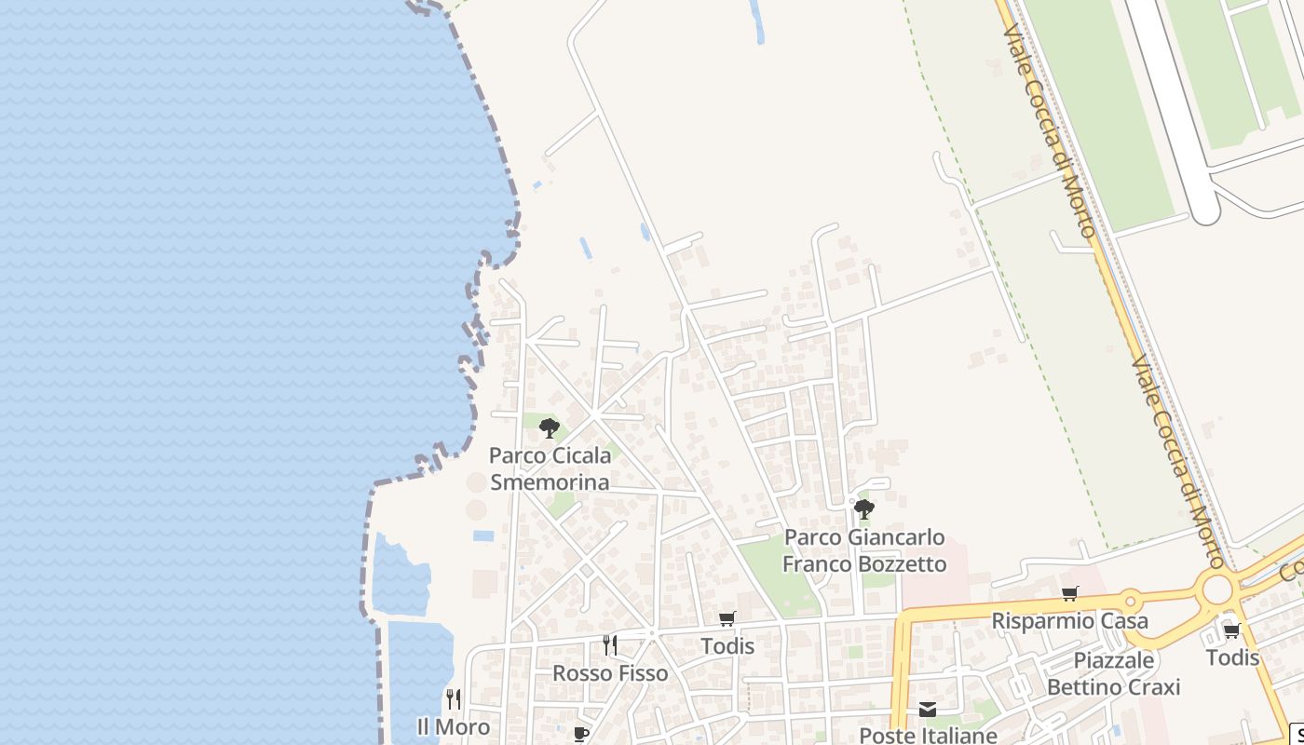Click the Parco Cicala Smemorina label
(550, 468)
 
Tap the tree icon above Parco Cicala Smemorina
(550, 428)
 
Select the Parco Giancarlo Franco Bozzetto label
(864, 550)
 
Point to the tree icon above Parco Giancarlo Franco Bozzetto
(864, 509)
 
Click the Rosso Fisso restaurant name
(610, 673)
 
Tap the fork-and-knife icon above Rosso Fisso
(610, 644)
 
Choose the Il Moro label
(453, 726)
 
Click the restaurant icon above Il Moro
(454, 698)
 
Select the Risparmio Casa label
(1069, 620)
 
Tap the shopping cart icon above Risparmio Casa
(1069, 593)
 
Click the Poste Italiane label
(928, 735)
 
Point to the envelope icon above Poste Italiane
(928, 710)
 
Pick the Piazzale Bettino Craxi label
(1114, 673)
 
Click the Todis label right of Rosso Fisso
(727, 645)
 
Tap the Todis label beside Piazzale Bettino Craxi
(1232, 657)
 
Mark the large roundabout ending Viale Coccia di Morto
(1216, 589)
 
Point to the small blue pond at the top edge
(757, 22)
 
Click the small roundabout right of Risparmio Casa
(1131, 600)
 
